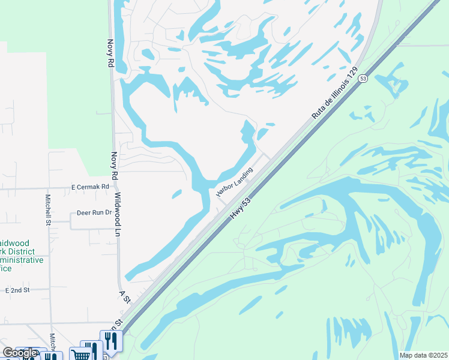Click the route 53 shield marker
363,79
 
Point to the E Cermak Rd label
90,187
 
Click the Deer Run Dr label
94,212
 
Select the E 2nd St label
17,290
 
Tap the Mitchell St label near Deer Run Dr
48,209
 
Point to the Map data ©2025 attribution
423,355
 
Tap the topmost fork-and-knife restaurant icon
111,341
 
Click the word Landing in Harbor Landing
243,175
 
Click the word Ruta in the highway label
316,112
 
